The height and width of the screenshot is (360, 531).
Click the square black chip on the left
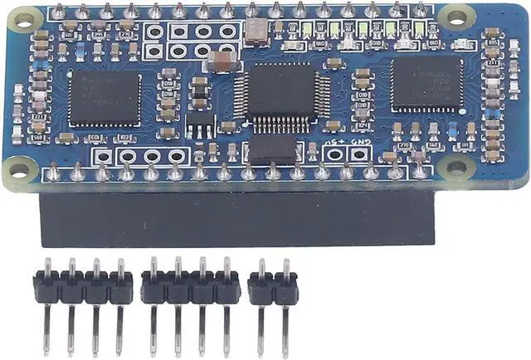(105, 99)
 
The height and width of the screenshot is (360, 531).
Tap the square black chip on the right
(427, 83)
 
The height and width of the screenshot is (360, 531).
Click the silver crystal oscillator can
(256, 32)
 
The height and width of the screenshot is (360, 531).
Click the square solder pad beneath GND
(359, 154)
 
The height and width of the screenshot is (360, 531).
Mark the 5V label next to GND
(334, 142)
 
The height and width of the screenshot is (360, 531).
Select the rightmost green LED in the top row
(420, 29)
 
